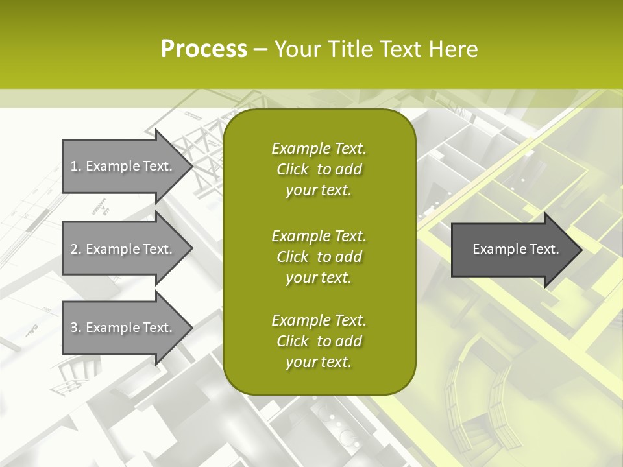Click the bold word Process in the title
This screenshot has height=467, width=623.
pyautogui.click(x=204, y=49)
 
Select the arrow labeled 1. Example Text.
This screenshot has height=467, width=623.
pyautogui.click(x=121, y=166)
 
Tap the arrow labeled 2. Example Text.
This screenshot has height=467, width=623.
pyautogui.click(x=121, y=249)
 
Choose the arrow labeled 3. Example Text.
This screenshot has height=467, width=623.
pyautogui.click(x=121, y=328)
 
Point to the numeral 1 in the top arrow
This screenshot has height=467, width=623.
pyautogui.click(x=74, y=166)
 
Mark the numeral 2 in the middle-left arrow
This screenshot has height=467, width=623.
pyautogui.click(x=74, y=249)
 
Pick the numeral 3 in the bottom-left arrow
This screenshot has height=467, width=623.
pyautogui.click(x=74, y=328)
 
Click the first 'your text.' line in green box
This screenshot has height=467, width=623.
pyautogui.click(x=319, y=191)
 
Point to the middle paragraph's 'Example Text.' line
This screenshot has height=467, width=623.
pyautogui.click(x=319, y=235)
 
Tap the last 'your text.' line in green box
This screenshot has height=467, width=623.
pyautogui.click(x=319, y=363)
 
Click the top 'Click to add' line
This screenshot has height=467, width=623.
pyautogui.click(x=319, y=169)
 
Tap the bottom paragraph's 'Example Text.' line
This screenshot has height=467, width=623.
pyautogui.click(x=319, y=320)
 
